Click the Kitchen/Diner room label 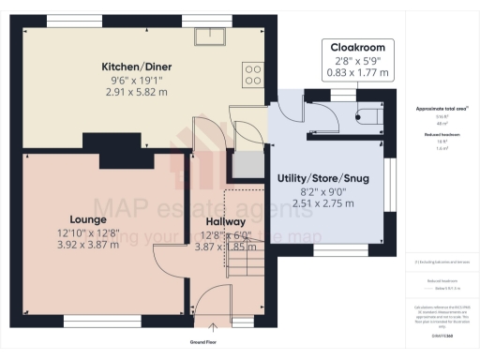(138, 67)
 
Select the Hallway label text (225, 221)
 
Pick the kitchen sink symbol (208, 36)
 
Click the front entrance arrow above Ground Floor (214, 328)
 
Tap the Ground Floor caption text (214, 342)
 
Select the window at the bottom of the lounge (79, 319)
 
